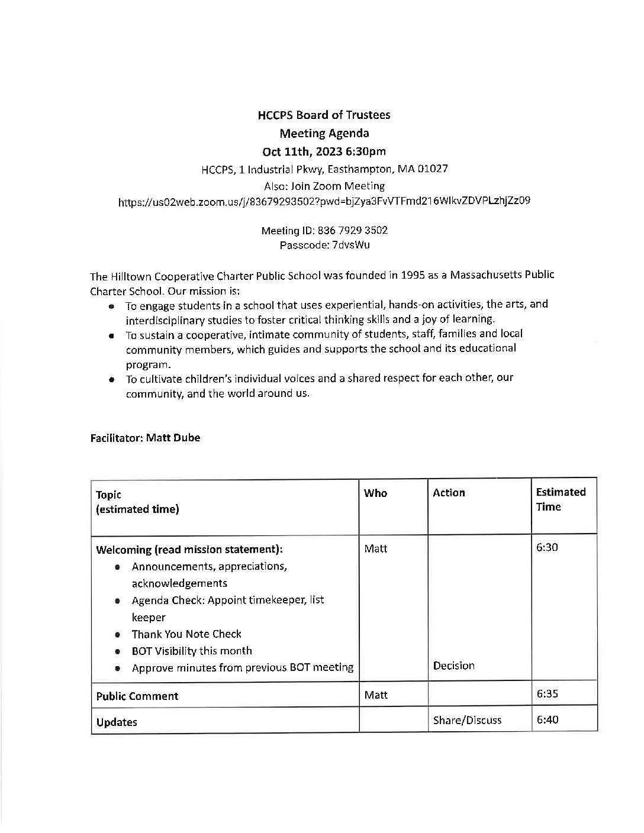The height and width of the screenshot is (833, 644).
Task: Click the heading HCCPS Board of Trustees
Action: [x=324, y=115]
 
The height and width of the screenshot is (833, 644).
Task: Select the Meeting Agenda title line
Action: [x=324, y=133]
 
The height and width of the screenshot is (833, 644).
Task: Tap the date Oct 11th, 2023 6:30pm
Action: [x=324, y=151]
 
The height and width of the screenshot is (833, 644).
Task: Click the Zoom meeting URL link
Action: [x=324, y=201]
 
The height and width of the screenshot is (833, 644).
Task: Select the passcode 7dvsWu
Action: [x=350, y=244]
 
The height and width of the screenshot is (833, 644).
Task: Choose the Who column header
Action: [x=375, y=493]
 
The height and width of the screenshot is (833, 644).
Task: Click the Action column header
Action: [x=449, y=493]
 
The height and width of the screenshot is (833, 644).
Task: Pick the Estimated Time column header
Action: [x=560, y=499]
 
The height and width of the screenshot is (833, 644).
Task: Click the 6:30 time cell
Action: [x=547, y=547]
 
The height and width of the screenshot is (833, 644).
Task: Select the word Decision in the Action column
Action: [x=453, y=666]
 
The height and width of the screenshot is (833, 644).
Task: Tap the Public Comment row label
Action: [x=137, y=696]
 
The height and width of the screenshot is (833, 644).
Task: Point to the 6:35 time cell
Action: [x=547, y=695]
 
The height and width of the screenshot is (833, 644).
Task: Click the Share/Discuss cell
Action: [x=467, y=721]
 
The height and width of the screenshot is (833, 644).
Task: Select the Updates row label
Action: [x=117, y=722]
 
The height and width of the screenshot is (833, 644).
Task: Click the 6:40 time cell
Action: [x=547, y=720]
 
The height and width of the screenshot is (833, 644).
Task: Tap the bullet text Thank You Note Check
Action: [x=186, y=634]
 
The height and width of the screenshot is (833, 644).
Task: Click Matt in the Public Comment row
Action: [x=375, y=695]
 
